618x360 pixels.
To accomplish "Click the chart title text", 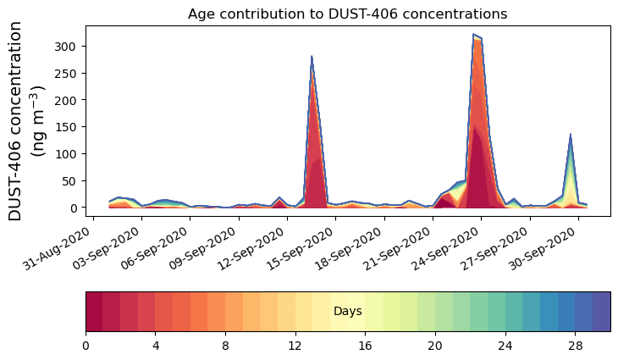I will (347, 14).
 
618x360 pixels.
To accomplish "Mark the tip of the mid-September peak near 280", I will (312, 57).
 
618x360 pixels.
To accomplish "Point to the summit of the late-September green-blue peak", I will (571, 134).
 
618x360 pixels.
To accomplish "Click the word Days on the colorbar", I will (348, 312).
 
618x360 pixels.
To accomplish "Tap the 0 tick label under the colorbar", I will (86, 346).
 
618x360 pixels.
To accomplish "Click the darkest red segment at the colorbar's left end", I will (94, 311).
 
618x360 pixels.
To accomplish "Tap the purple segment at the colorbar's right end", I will (601, 311).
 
